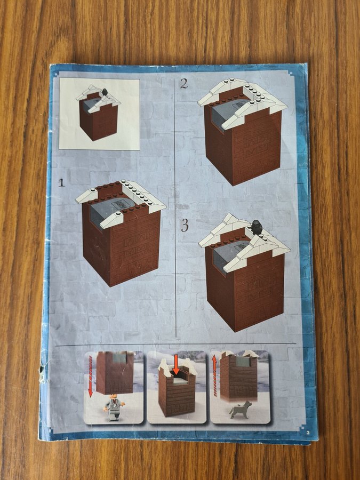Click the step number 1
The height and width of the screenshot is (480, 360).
coord(61,183)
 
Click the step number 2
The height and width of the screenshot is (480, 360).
coord(183,84)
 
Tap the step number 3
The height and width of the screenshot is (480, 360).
coord(185,226)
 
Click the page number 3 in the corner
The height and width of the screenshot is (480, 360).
coord(308,432)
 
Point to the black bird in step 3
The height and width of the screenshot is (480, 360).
coord(255,227)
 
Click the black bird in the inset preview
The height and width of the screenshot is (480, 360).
coord(105,92)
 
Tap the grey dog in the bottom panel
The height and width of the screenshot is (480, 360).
coord(241,410)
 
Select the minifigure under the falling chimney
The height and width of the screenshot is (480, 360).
coord(114,407)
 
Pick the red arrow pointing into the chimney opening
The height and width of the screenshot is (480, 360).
coord(175,365)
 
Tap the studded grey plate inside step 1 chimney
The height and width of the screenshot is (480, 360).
coord(122,204)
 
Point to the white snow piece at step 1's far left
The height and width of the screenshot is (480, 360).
coord(86,196)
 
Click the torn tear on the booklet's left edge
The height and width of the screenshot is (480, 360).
coord(42,368)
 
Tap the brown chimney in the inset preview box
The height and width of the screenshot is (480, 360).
coord(99,117)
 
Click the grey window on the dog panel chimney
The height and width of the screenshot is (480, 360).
coord(243,361)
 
